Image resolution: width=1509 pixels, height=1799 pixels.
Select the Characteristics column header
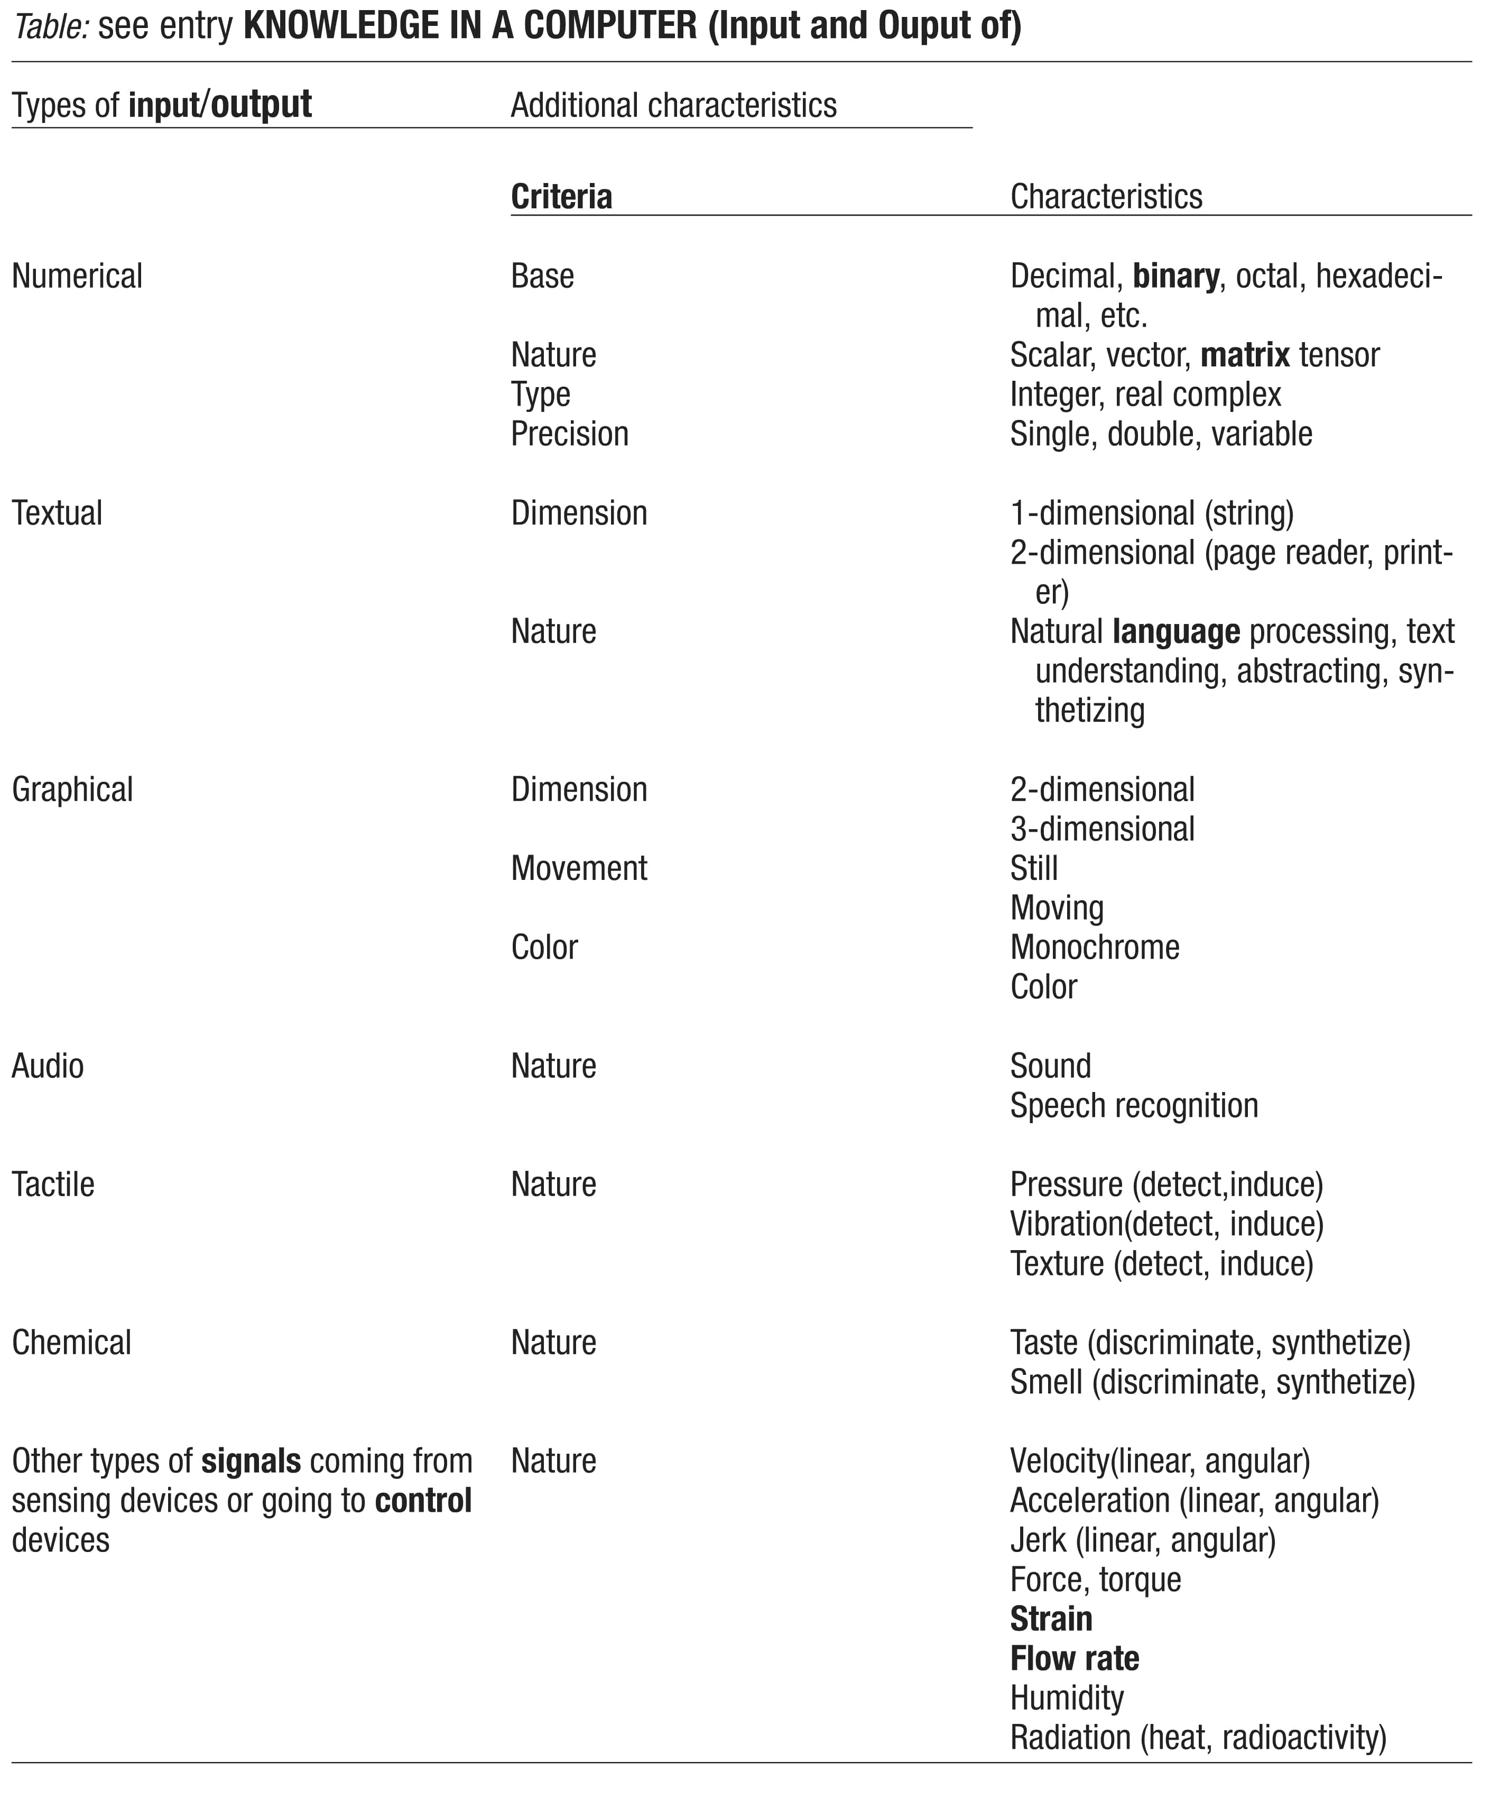(1106, 197)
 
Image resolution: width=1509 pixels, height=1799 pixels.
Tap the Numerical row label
(77, 277)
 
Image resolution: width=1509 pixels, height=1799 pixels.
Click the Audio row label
(48, 1067)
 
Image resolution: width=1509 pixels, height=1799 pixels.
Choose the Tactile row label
(53, 1185)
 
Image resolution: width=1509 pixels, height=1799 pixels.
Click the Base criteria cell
(542, 277)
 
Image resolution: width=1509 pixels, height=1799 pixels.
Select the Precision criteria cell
(570, 434)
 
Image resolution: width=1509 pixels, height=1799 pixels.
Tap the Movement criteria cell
(579, 869)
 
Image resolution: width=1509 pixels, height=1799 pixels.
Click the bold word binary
(1176, 277)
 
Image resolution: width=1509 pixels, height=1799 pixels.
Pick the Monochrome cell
(1095, 948)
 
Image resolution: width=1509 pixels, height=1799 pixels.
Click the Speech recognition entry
(1134, 1106)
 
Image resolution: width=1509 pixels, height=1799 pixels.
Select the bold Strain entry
(1051, 1619)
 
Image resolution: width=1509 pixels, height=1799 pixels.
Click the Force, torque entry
(1095, 1580)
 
